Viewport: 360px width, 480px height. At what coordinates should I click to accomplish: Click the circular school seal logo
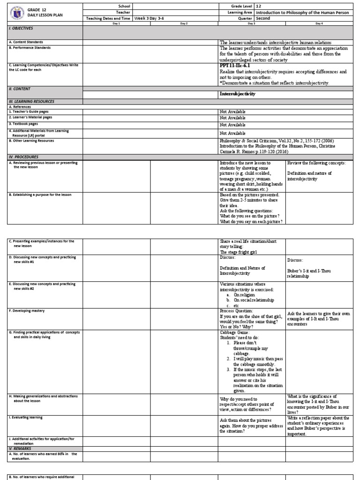(16, 12)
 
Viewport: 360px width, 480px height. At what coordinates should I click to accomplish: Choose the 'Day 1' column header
(116, 23)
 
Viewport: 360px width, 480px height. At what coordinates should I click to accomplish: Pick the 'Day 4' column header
(319, 23)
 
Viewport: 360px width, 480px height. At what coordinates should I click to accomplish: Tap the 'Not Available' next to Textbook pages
(232, 125)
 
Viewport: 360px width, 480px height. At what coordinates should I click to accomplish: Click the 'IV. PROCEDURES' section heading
(24, 157)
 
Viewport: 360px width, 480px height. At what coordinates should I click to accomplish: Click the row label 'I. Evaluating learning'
(26, 417)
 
